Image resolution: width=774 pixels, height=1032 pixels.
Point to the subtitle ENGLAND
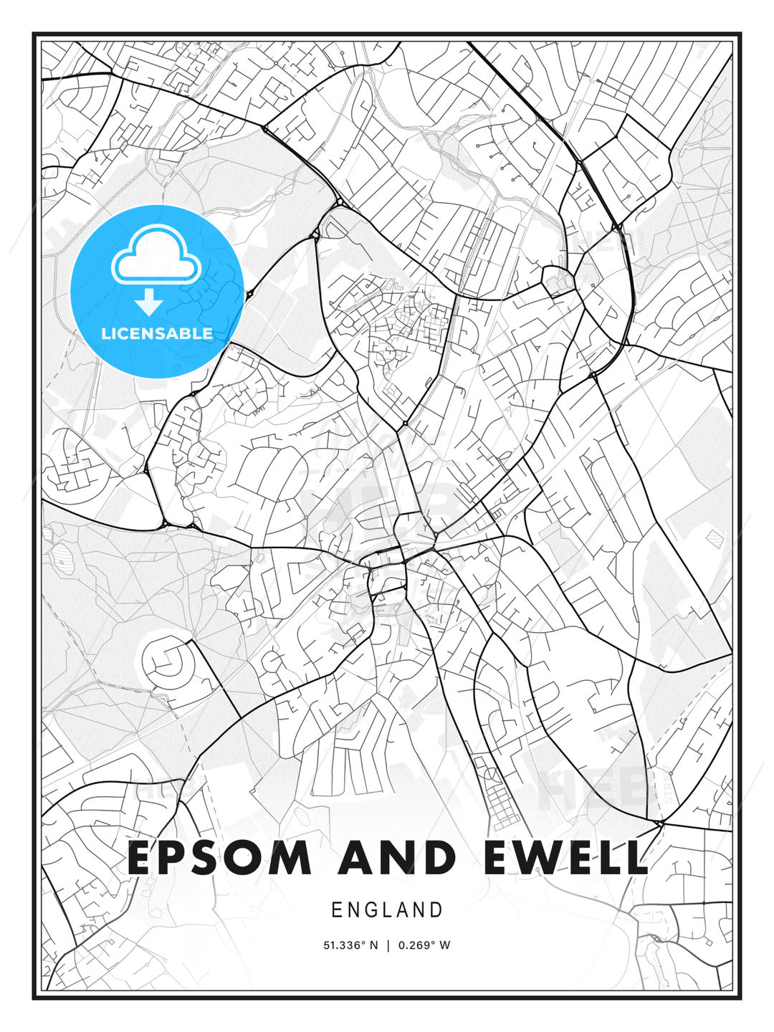point(387,910)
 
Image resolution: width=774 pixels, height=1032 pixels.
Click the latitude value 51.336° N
point(350,945)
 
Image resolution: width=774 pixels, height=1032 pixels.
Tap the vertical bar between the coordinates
point(388,945)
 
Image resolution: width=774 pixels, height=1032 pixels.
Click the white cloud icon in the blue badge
point(154,255)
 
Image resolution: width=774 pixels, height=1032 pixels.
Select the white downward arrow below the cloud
point(148,303)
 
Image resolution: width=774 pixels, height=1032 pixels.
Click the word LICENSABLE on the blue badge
point(157,333)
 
